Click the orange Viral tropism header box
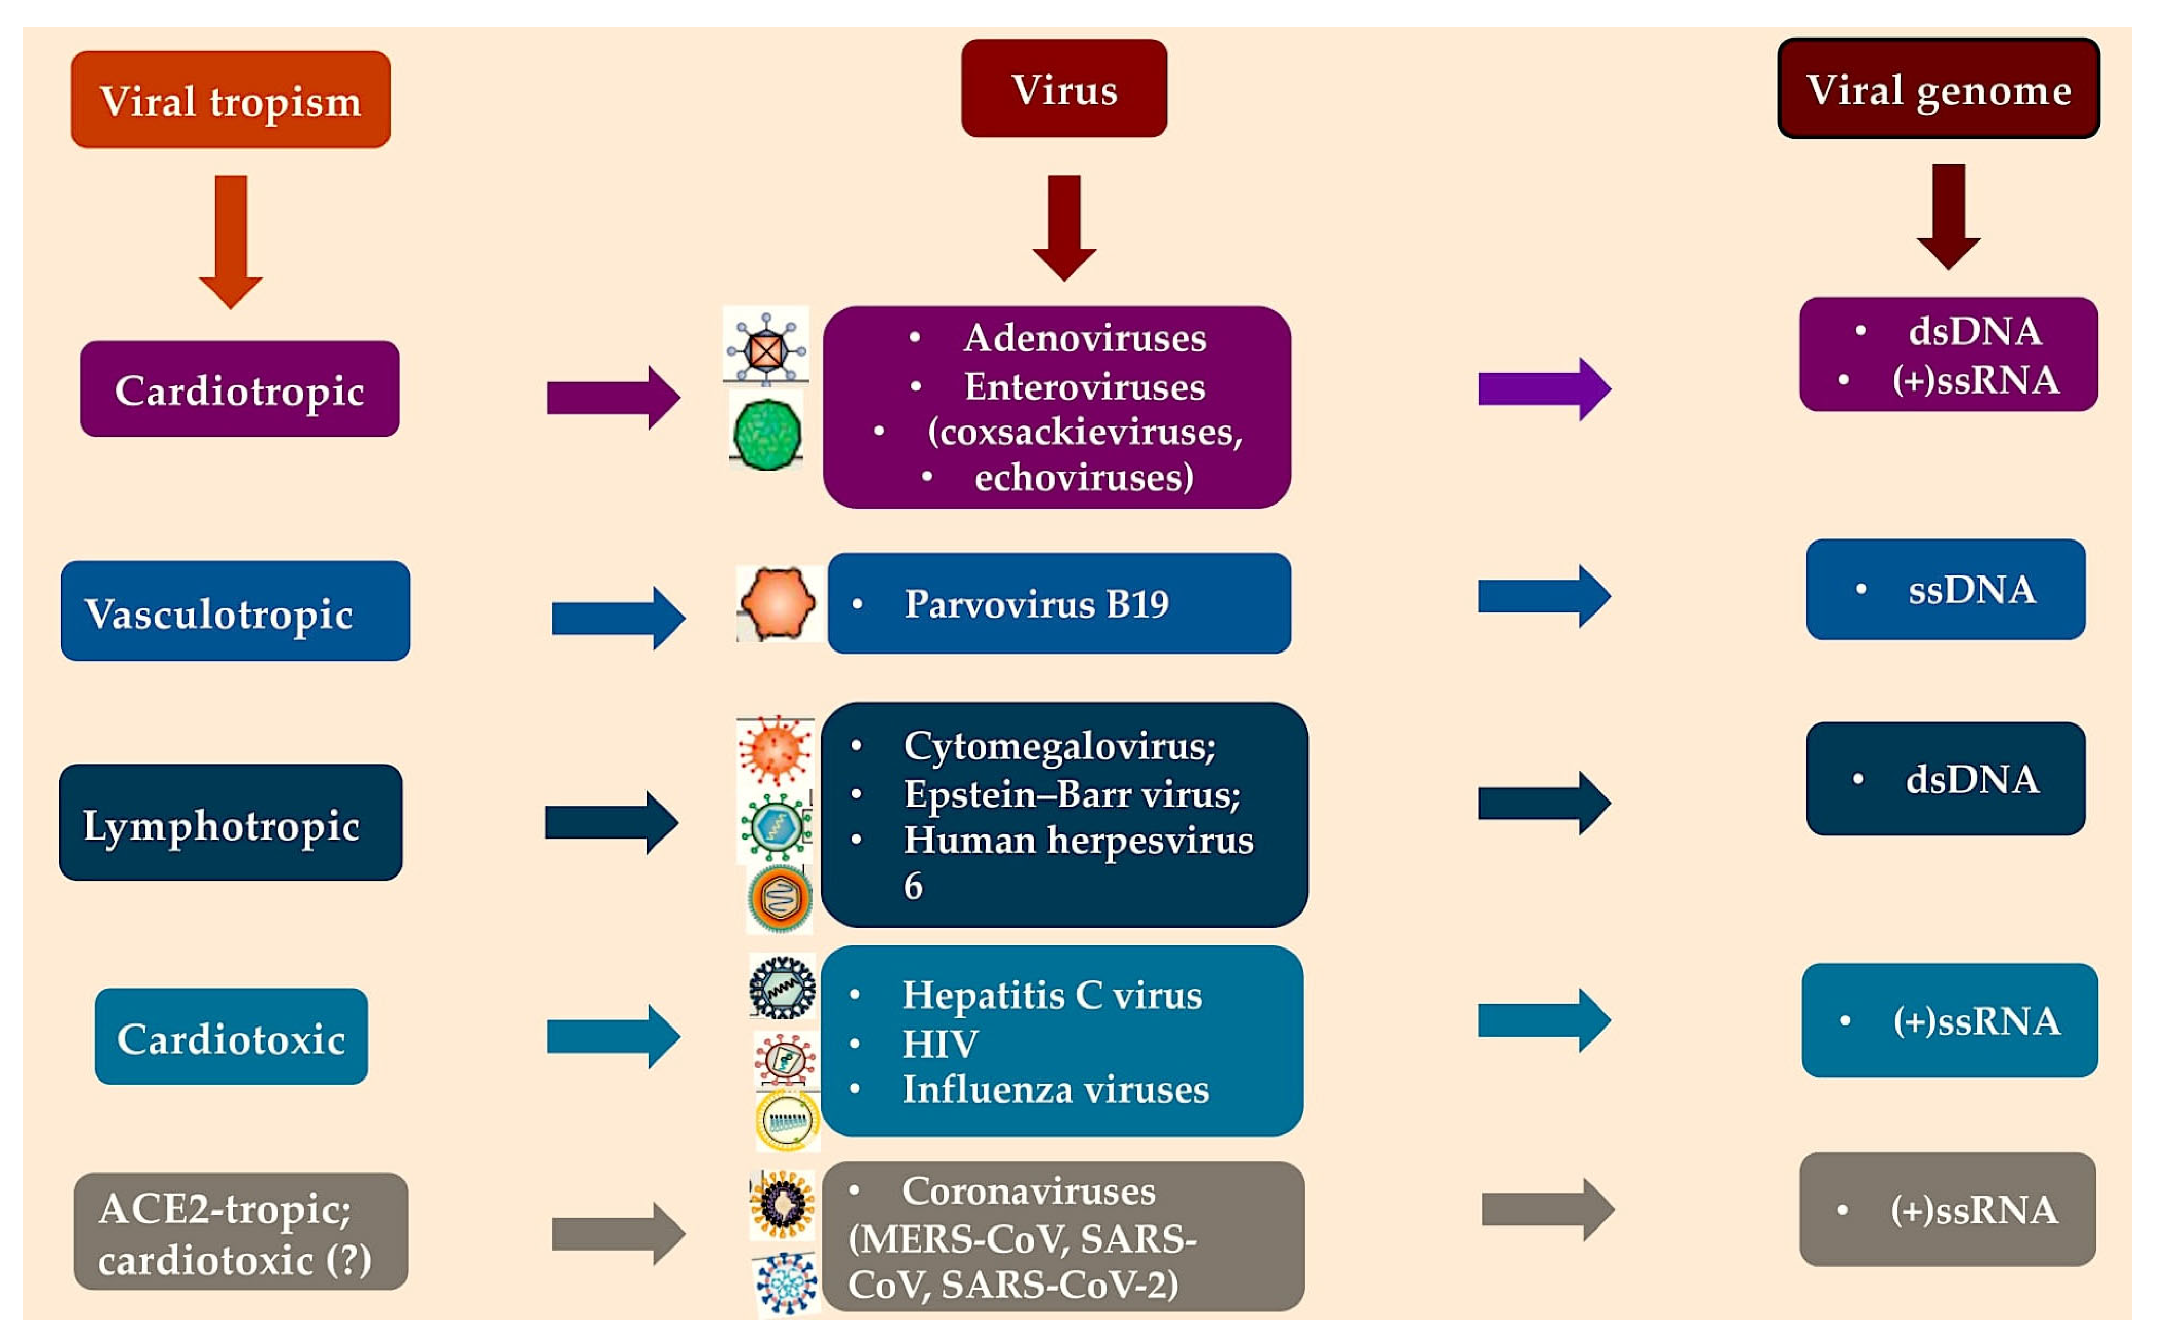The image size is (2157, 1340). coord(230,99)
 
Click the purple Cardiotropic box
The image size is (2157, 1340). coord(239,390)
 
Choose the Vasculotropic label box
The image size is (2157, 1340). coord(235,611)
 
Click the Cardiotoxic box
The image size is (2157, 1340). coord(230,1037)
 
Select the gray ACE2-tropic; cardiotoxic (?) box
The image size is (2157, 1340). coord(240,1232)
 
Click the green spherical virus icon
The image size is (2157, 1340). coord(767,434)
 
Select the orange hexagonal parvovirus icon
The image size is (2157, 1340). coord(777,604)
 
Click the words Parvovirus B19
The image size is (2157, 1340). coord(1036,604)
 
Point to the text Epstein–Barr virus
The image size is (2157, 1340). coord(1072,794)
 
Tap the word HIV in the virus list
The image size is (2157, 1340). coord(939,1044)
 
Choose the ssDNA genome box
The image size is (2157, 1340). coord(1945,589)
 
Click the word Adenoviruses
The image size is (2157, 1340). coord(1085,338)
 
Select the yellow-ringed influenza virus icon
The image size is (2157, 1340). coord(786,1120)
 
